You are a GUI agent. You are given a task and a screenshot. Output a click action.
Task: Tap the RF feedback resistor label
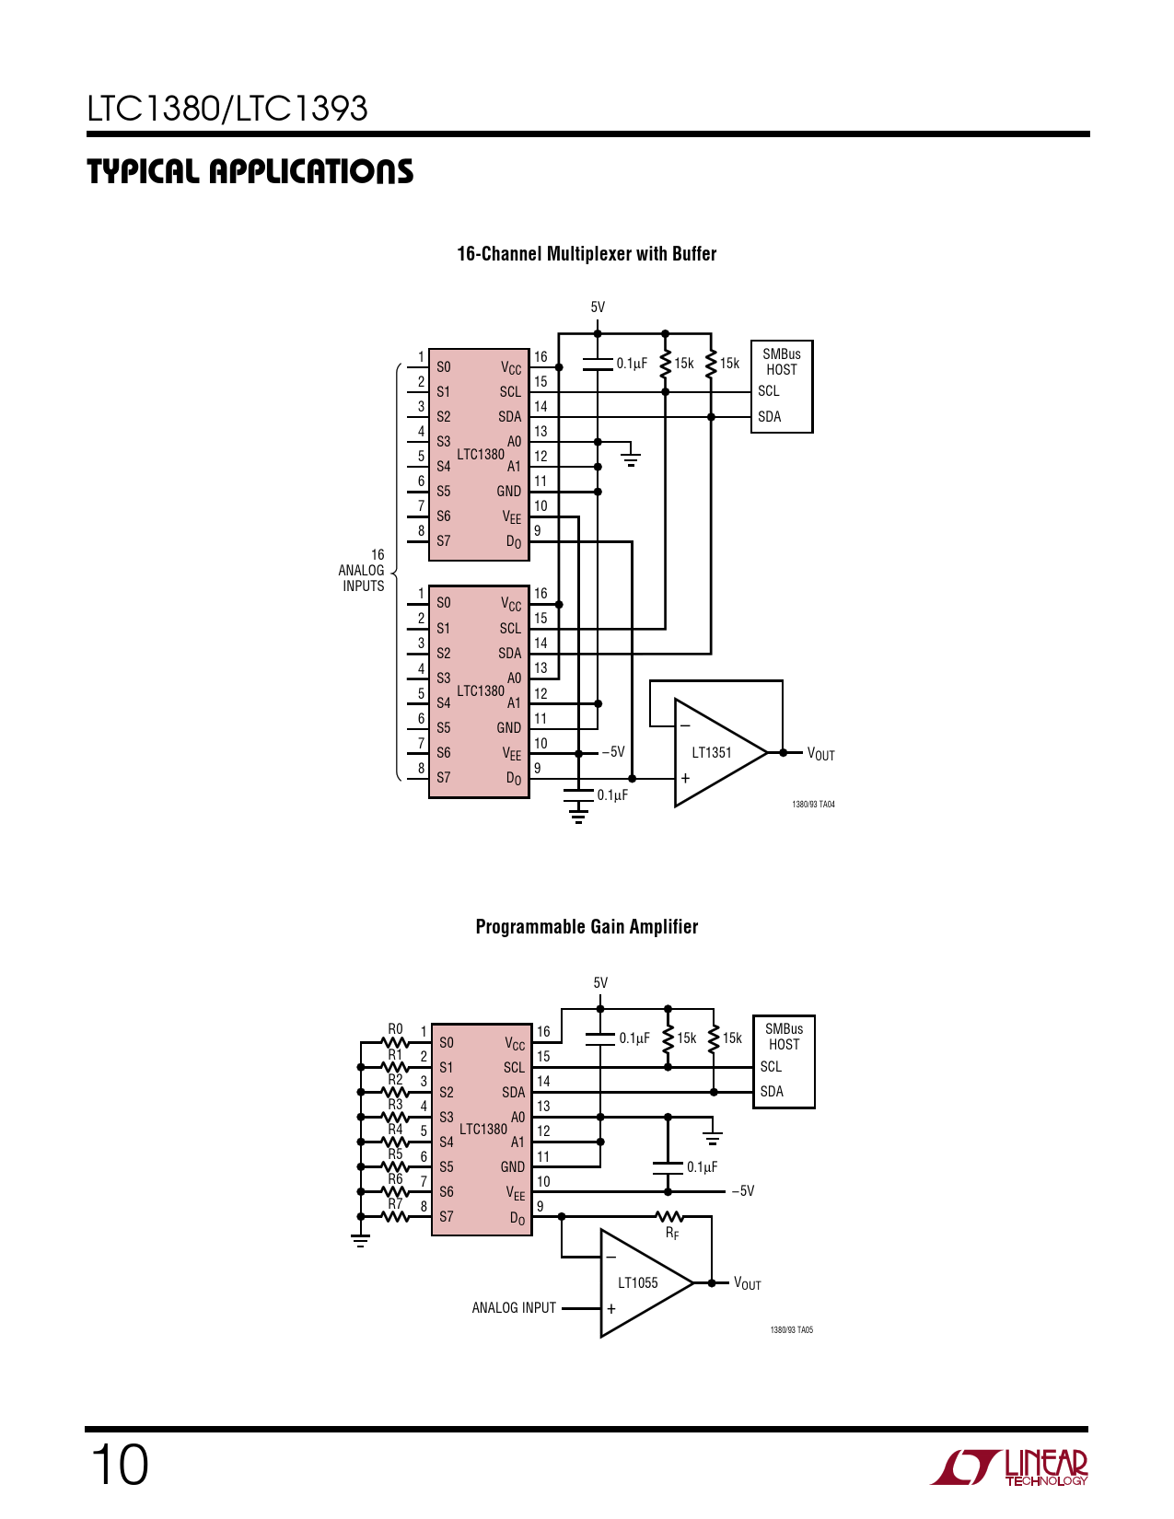point(672,1234)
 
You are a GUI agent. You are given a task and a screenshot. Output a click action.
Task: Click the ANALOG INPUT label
point(514,1307)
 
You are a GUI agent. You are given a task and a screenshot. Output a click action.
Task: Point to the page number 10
point(120,1465)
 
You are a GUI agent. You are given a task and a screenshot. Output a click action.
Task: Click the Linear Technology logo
point(1009,1467)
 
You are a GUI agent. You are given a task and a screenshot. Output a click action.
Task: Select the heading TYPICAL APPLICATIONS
point(250,172)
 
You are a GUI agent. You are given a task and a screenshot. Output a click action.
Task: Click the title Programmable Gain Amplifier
point(587,927)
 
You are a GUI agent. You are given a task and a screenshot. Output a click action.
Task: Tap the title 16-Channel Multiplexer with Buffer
point(587,254)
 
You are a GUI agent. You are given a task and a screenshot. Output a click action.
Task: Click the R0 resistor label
point(395,1029)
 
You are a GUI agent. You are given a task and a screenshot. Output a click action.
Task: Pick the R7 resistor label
point(395,1203)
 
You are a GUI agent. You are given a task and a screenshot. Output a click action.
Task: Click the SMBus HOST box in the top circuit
point(782,386)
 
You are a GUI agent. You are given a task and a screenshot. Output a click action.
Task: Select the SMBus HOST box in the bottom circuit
point(784,1061)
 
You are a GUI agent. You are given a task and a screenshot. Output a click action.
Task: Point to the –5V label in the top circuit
point(613,752)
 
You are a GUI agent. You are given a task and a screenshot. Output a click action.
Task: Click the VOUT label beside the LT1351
point(820,754)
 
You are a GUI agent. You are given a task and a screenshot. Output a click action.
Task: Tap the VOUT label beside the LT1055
point(747,1283)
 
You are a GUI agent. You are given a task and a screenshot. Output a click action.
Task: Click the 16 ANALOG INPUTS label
point(363,571)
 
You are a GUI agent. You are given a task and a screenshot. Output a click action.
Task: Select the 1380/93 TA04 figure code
point(813,805)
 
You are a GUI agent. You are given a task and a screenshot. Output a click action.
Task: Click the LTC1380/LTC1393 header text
point(227,109)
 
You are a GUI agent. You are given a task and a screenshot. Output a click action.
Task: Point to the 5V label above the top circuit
point(598,307)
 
